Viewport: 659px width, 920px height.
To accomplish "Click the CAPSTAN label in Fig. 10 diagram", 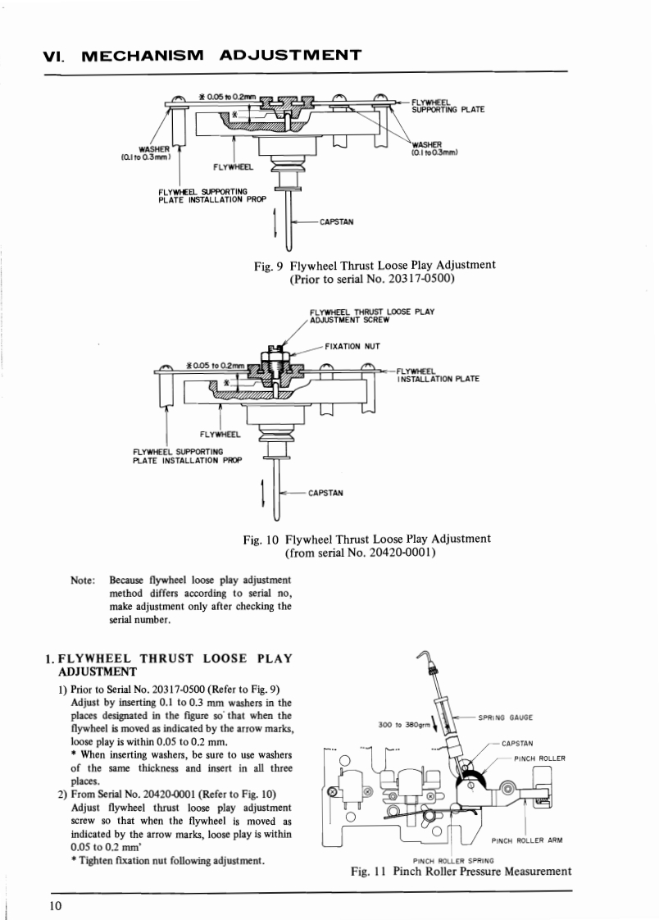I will tap(325, 493).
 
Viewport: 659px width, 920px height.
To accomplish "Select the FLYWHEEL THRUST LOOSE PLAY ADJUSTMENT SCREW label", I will tap(372, 316).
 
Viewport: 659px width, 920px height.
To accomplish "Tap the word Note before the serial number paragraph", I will tap(84, 581).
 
